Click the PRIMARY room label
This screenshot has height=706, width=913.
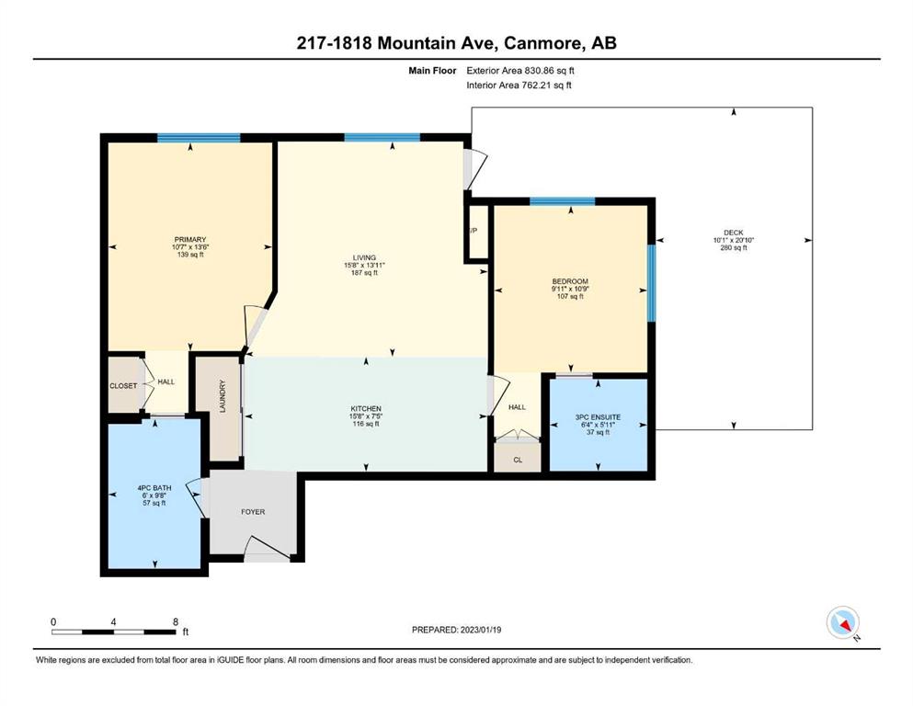(190, 239)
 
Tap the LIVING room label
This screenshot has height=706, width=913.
(364, 257)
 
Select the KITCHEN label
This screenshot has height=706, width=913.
(366, 408)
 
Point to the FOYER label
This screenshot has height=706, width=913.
(253, 512)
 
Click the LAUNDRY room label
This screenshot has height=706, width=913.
(222, 397)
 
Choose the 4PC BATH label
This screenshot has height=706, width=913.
(154, 488)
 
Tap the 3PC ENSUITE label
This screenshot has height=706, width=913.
(598, 416)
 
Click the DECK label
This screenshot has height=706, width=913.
(734, 233)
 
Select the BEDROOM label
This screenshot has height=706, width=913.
(570, 281)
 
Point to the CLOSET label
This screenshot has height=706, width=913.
(123, 386)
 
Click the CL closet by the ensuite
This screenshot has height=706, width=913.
(518, 460)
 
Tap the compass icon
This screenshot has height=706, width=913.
(842, 622)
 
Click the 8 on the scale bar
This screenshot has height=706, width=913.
(176, 621)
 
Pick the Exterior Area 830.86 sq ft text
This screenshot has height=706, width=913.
(520, 71)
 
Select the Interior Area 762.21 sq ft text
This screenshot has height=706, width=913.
(519, 85)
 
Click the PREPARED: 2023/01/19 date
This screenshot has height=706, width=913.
(456, 630)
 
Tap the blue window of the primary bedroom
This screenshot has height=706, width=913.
(199, 138)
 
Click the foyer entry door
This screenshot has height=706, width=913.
(267, 549)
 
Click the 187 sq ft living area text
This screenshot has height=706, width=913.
(364, 272)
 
